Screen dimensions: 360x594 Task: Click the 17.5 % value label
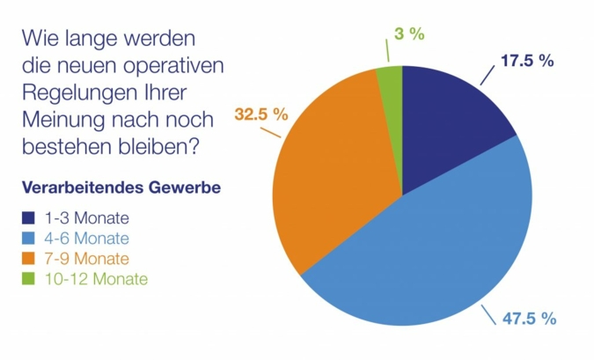(x=526, y=61)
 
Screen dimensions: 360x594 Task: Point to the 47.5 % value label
(x=529, y=319)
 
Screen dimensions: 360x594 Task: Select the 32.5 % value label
(x=261, y=114)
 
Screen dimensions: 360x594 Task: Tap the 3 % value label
(x=410, y=34)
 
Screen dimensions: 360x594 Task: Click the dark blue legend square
(x=28, y=217)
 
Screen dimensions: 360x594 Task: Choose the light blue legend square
(x=28, y=239)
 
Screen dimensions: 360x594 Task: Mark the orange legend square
(x=28, y=259)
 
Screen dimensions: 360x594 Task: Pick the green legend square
(x=28, y=279)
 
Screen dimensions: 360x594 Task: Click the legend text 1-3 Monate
(x=84, y=217)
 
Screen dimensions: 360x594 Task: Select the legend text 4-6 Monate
(x=84, y=239)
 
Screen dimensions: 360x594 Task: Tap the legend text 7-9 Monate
(x=84, y=259)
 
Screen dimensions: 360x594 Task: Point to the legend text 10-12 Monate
(x=92, y=279)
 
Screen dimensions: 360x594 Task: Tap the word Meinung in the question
(x=62, y=121)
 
